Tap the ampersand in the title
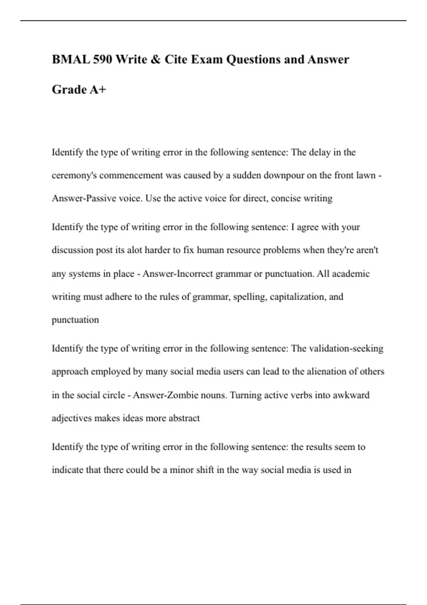156,59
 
